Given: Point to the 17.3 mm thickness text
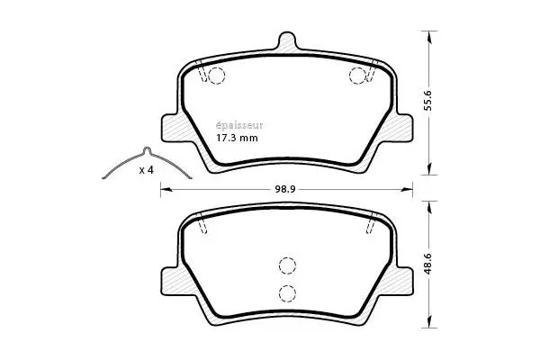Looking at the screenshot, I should [x=238, y=139].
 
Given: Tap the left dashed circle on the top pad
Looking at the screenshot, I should [x=217, y=76].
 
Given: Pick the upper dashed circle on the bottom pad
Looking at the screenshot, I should [x=287, y=265].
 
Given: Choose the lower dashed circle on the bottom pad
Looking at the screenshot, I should [x=287, y=292].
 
